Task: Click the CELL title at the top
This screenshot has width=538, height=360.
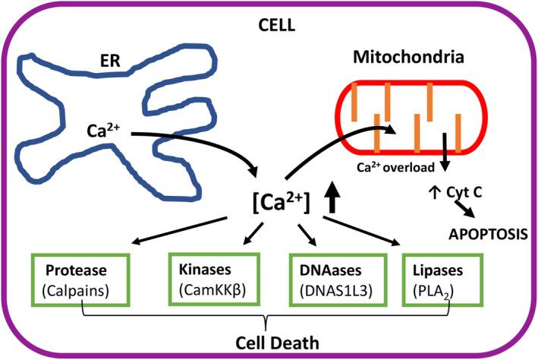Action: pyautogui.click(x=269, y=26)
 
